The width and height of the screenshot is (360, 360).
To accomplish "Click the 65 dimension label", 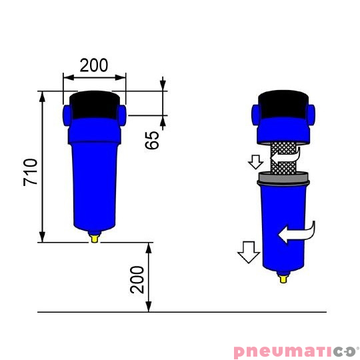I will pos(153,139).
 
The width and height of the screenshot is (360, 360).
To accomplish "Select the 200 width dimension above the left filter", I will pos(95,65).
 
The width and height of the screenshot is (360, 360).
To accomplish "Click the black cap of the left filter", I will pos(94,103).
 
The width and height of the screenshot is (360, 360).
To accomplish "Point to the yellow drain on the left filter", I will pos(94,236).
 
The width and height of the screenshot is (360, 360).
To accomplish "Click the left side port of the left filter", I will pos(67,115).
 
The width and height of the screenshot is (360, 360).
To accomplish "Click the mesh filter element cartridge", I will pos(283,159).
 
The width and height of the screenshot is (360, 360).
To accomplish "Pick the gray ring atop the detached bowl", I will pos(283,178).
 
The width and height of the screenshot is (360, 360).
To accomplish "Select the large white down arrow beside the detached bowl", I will pos(249,252).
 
